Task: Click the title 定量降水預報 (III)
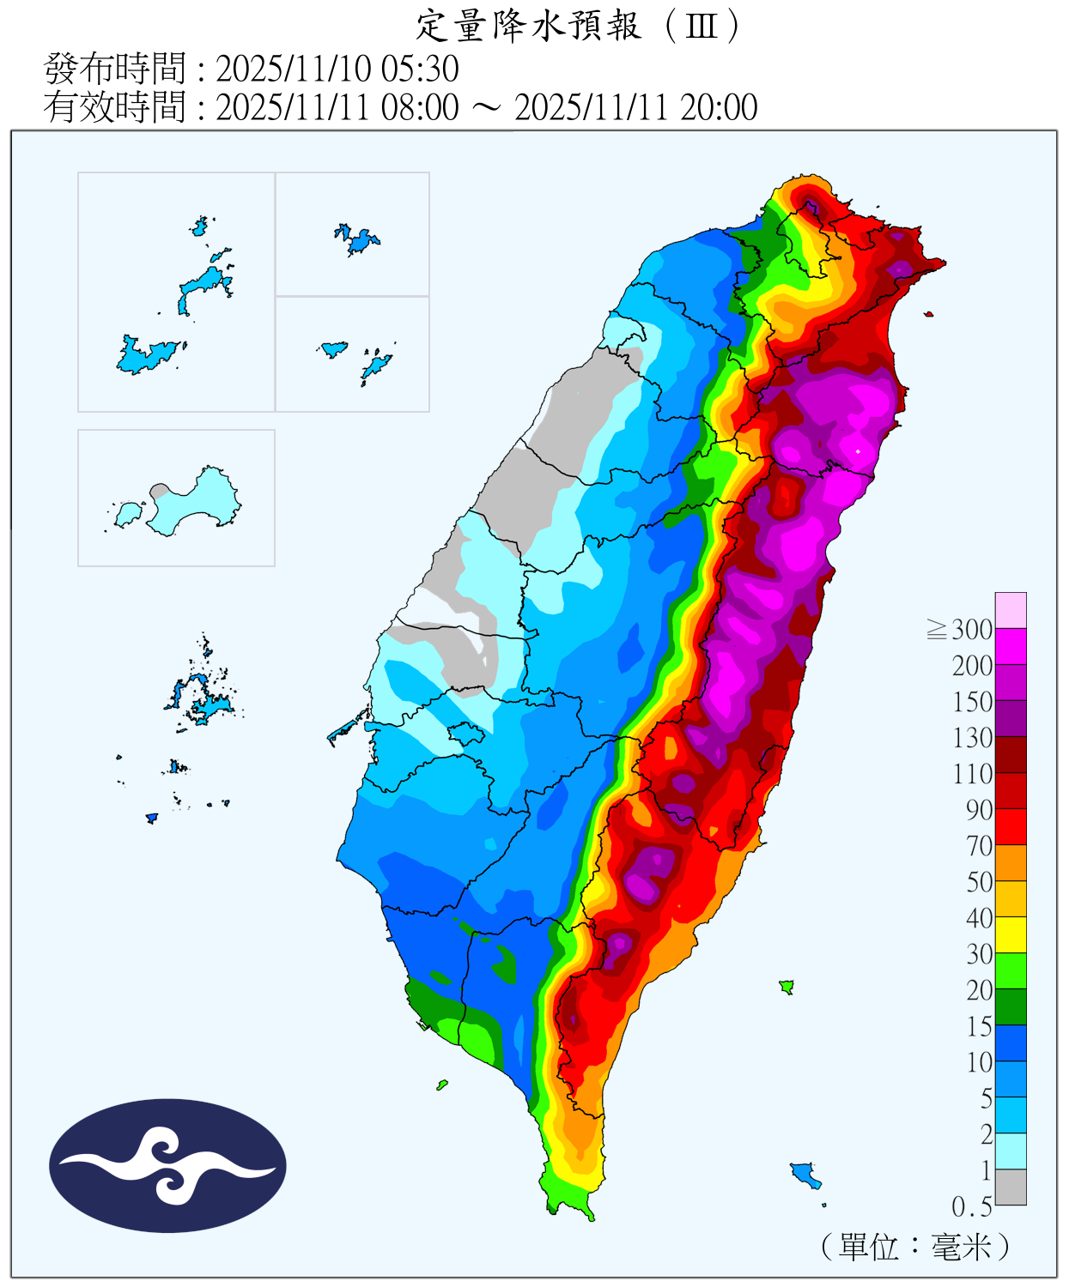point(577,26)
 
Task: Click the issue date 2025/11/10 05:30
point(337,69)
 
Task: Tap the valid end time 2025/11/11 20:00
point(635,108)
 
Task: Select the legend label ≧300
point(961,631)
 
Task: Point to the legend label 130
point(972,739)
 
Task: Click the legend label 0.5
point(972,1207)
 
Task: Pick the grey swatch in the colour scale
point(1011,1187)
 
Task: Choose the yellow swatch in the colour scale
point(1011,935)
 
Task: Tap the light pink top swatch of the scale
point(1011,610)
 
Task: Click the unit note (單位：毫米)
point(914,1246)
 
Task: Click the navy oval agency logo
point(167,1165)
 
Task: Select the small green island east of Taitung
point(786,987)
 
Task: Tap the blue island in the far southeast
point(805,1173)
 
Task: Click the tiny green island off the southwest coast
point(441,1085)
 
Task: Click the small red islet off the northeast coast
point(928,315)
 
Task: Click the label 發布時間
point(114,69)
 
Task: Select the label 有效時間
point(114,108)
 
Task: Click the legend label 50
point(979,883)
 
